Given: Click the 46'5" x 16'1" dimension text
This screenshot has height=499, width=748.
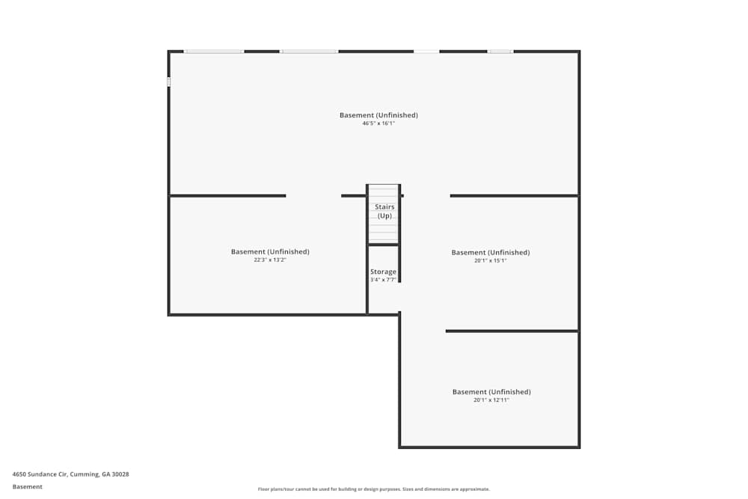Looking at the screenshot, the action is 378,123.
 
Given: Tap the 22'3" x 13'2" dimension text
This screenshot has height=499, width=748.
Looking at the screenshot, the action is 270,260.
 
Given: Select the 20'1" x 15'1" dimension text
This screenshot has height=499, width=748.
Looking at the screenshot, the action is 491,260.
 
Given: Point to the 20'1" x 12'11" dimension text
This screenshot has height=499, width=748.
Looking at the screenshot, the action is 491,400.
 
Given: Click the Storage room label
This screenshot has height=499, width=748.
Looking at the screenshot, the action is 383,272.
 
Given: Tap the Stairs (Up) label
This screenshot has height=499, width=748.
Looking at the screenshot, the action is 384,211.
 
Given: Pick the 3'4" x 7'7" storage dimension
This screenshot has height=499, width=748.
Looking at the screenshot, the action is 383,280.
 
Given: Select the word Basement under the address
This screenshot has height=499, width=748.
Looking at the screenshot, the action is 27,486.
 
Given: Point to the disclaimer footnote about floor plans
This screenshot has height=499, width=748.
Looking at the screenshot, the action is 373,489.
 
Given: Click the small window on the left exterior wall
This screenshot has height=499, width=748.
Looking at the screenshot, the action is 168,82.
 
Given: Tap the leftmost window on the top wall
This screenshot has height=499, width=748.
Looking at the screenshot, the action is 214,52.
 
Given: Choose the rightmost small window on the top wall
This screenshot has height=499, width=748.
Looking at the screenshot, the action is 500,52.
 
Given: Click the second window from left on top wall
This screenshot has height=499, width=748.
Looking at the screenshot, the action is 309,52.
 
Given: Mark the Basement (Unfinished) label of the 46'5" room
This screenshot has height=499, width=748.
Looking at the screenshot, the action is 378,115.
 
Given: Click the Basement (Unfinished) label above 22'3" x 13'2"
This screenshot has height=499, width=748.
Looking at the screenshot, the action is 270,251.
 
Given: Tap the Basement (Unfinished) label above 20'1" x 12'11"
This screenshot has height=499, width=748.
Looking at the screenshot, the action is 491,392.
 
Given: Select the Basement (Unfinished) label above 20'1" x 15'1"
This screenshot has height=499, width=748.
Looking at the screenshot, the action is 491,252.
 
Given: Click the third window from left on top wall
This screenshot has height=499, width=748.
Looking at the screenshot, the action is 426,52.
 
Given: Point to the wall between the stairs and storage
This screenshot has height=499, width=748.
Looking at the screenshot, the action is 383,245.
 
